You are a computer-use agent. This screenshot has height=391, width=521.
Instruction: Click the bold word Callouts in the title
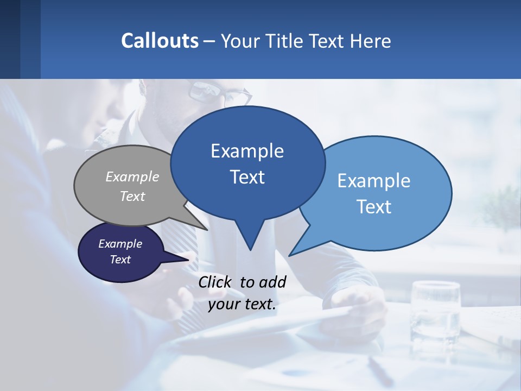(x=160, y=41)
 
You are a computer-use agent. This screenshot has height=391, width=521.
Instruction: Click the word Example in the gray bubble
(x=132, y=176)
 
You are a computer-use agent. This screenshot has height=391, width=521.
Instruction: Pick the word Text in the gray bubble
(x=132, y=196)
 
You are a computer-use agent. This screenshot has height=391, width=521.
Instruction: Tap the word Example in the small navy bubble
(x=120, y=244)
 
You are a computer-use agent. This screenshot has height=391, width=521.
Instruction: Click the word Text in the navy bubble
(x=120, y=260)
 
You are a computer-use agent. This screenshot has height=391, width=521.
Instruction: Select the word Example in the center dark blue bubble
(x=247, y=151)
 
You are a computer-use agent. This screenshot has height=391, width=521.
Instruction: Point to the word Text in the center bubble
(x=247, y=177)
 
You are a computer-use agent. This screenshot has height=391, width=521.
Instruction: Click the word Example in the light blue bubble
(x=374, y=181)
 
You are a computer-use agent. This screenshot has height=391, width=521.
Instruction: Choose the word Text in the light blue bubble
(x=374, y=207)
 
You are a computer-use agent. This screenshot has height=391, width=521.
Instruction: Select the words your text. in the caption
(x=242, y=304)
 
